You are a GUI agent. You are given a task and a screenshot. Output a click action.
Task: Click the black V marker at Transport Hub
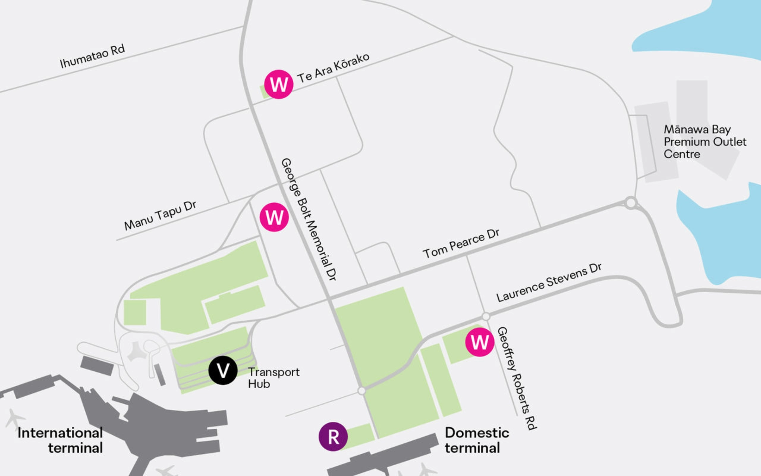click(x=223, y=370)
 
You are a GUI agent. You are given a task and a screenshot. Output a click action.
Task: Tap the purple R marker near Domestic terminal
click(x=333, y=436)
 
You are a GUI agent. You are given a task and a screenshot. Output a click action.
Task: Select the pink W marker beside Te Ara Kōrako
click(x=279, y=84)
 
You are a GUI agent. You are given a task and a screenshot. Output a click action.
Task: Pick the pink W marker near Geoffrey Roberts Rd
click(x=480, y=342)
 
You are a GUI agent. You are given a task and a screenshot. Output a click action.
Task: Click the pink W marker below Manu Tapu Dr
click(x=274, y=217)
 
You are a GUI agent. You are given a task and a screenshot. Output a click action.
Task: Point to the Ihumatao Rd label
click(x=92, y=56)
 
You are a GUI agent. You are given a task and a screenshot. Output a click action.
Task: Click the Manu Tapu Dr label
click(x=160, y=216)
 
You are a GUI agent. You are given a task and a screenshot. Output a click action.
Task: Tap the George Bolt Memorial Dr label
click(x=309, y=219)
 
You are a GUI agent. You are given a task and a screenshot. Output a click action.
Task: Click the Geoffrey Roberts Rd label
click(x=516, y=378)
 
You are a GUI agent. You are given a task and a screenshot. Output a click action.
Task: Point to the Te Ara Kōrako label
click(x=333, y=68)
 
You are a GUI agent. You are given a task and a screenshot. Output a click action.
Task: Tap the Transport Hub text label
click(x=273, y=378)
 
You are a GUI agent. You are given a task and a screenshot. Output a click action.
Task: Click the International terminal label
click(x=60, y=440)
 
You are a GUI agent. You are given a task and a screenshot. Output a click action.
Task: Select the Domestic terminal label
click(x=476, y=440)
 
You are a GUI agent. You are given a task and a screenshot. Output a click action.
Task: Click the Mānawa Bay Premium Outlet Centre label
click(x=705, y=142)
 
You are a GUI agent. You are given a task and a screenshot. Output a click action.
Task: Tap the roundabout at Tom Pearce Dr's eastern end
click(x=631, y=203)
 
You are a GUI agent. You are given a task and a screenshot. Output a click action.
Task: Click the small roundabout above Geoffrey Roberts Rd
click(x=486, y=316)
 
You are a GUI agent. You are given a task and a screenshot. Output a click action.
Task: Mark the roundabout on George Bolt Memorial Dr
click(x=361, y=391)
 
